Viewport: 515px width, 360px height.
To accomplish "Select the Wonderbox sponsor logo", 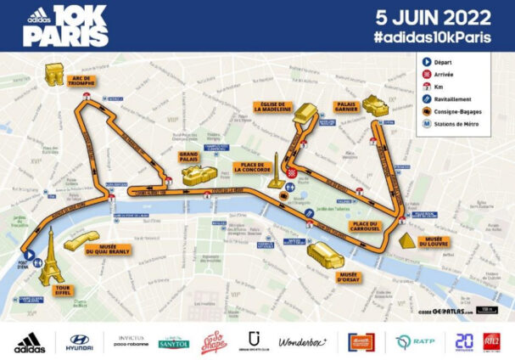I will click(302, 341).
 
